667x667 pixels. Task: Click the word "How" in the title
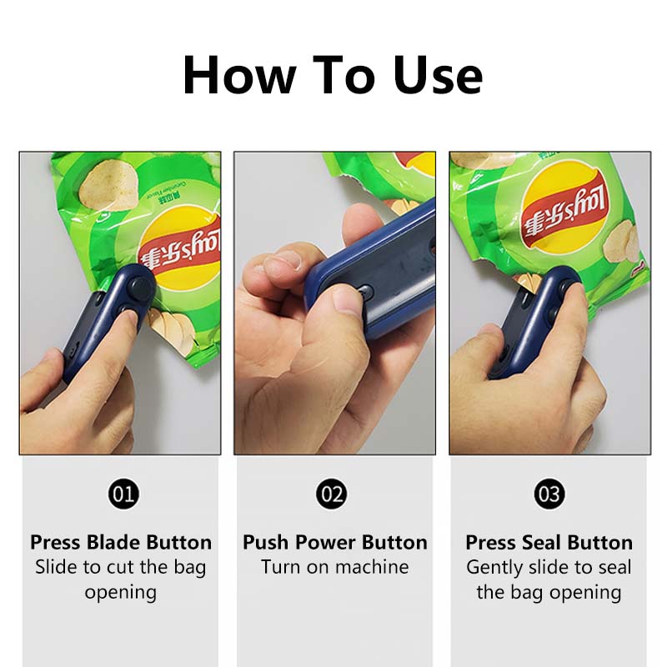coord(239,75)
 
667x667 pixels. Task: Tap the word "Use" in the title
coord(438,75)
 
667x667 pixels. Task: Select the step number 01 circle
coord(123,494)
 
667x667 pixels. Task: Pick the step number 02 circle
coord(332,494)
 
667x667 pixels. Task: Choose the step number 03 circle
coord(549,494)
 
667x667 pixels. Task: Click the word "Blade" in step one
coord(113,543)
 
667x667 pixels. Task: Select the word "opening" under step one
coord(121,593)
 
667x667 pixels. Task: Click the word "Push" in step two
coord(266,543)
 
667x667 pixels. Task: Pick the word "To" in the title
coord(344,75)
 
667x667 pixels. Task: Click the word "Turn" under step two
coord(280,567)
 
